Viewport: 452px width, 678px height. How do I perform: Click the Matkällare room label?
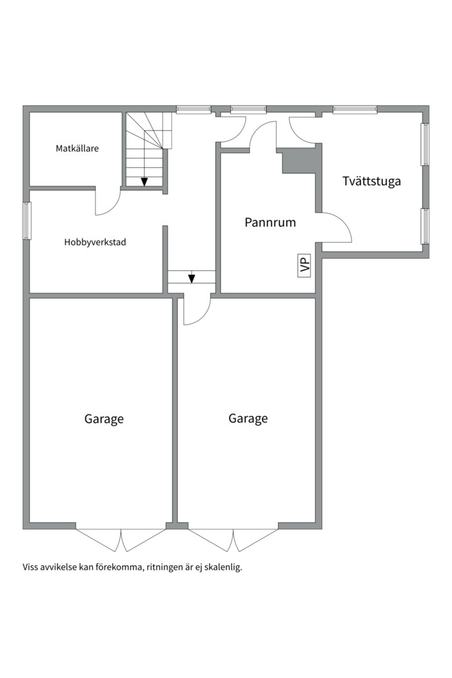[77, 148]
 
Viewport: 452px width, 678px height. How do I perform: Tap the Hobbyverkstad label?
[95, 242]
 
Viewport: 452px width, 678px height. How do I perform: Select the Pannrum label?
[271, 222]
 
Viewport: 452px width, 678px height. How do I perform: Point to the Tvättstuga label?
[372, 181]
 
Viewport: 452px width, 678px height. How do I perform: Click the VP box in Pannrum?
[304, 265]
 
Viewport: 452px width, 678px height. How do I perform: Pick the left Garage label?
[104, 419]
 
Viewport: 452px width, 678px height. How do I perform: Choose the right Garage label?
[248, 418]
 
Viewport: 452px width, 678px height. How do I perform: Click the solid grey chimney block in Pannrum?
[302, 159]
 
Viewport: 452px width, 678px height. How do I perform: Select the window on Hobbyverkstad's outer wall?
[26, 220]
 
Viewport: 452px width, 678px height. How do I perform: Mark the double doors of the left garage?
[121, 540]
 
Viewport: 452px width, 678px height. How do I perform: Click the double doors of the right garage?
[233, 540]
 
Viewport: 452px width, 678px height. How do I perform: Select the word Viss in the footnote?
[30, 568]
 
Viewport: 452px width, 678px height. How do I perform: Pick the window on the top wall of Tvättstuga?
[355, 109]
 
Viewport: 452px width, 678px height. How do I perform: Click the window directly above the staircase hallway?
[193, 109]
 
